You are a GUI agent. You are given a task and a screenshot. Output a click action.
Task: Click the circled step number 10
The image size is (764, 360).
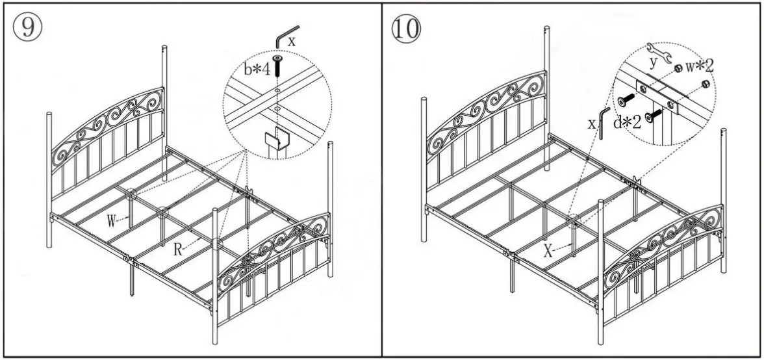[407, 29]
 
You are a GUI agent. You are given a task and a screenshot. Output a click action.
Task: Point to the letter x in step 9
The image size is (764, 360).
[292, 40]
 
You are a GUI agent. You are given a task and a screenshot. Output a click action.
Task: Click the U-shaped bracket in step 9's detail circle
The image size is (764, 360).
[275, 140]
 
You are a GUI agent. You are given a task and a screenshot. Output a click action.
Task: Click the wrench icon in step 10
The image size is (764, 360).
[661, 50]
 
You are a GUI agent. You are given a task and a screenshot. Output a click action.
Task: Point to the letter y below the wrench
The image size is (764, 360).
[654, 62]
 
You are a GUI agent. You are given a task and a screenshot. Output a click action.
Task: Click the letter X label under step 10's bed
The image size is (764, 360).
[548, 251]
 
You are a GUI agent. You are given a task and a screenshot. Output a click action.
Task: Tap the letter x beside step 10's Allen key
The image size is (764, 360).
[592, 123]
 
